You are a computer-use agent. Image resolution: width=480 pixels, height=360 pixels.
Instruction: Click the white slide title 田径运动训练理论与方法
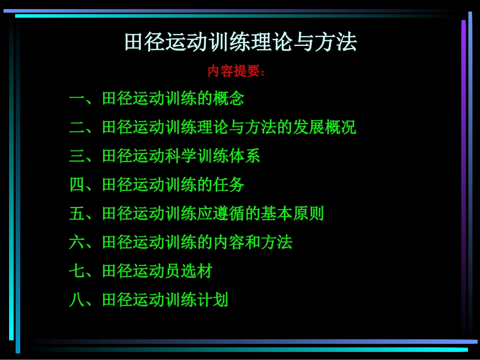(241, 42)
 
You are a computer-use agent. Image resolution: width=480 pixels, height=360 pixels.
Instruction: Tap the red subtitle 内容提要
(236, 71)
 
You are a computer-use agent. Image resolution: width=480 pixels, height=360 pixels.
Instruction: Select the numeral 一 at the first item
(77, 98)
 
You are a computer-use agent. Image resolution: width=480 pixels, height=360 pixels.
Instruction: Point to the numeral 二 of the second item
(77, 127)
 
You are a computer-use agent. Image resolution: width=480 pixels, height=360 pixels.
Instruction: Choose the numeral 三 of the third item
(77, 156)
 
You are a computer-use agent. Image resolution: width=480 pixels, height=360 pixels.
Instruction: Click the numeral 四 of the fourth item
(77, 185)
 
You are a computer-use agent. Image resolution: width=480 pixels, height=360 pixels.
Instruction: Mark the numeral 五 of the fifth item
(77, 214)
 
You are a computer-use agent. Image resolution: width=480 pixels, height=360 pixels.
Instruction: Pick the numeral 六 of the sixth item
(77, 242)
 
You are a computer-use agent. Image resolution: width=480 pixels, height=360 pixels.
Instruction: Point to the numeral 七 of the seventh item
(77, 271)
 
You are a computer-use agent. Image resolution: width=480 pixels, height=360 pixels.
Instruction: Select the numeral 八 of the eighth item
(77, 300)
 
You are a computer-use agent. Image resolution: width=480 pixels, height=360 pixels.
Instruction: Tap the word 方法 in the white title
(333, 42)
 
